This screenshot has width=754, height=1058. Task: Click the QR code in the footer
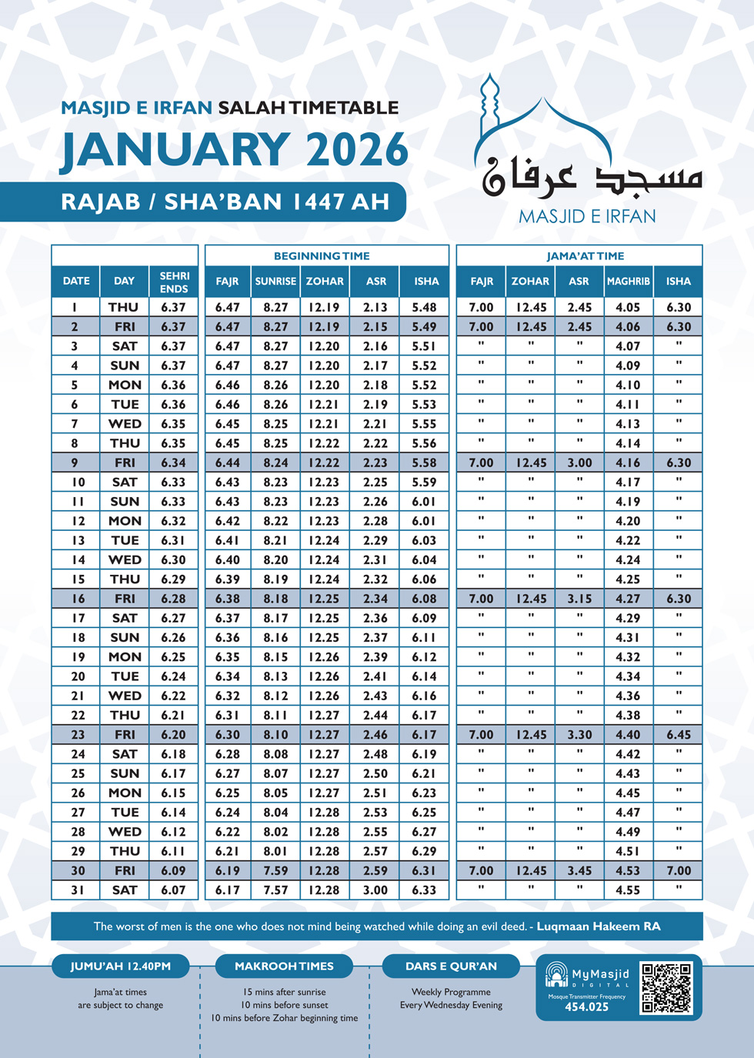(666, 988)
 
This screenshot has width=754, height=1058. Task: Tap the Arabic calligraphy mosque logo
(589, 154)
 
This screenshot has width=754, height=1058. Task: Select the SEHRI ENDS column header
(174, 282)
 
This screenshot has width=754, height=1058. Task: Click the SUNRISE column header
(275, 282)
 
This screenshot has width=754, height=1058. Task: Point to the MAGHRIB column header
(629, 282)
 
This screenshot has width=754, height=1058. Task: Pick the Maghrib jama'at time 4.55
(628, 890)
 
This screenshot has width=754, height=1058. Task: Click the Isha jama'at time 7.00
(679, 871)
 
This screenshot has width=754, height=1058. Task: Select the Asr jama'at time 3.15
(579, 599)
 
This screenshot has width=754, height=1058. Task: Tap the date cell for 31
(77, 890)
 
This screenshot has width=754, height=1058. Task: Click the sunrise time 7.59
(275, 871)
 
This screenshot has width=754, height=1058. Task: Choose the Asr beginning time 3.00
(375, 890)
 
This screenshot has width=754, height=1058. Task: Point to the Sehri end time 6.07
(173, 890)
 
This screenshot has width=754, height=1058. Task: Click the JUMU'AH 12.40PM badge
(121, 966)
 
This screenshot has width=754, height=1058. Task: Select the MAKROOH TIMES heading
(284, 966)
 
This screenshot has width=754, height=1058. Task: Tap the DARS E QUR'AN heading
(451, 966)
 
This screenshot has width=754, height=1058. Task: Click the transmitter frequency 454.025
(586, 1007)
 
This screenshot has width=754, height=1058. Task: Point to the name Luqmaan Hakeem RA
(598, 926)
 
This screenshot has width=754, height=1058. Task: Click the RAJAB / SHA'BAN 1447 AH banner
(225, 202)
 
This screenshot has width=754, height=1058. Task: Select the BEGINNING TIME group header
(322, 256)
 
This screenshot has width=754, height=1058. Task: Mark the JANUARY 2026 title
(235, 150)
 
